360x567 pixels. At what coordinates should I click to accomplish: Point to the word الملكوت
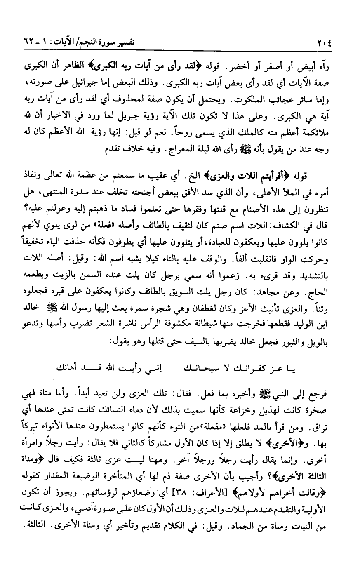256,101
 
